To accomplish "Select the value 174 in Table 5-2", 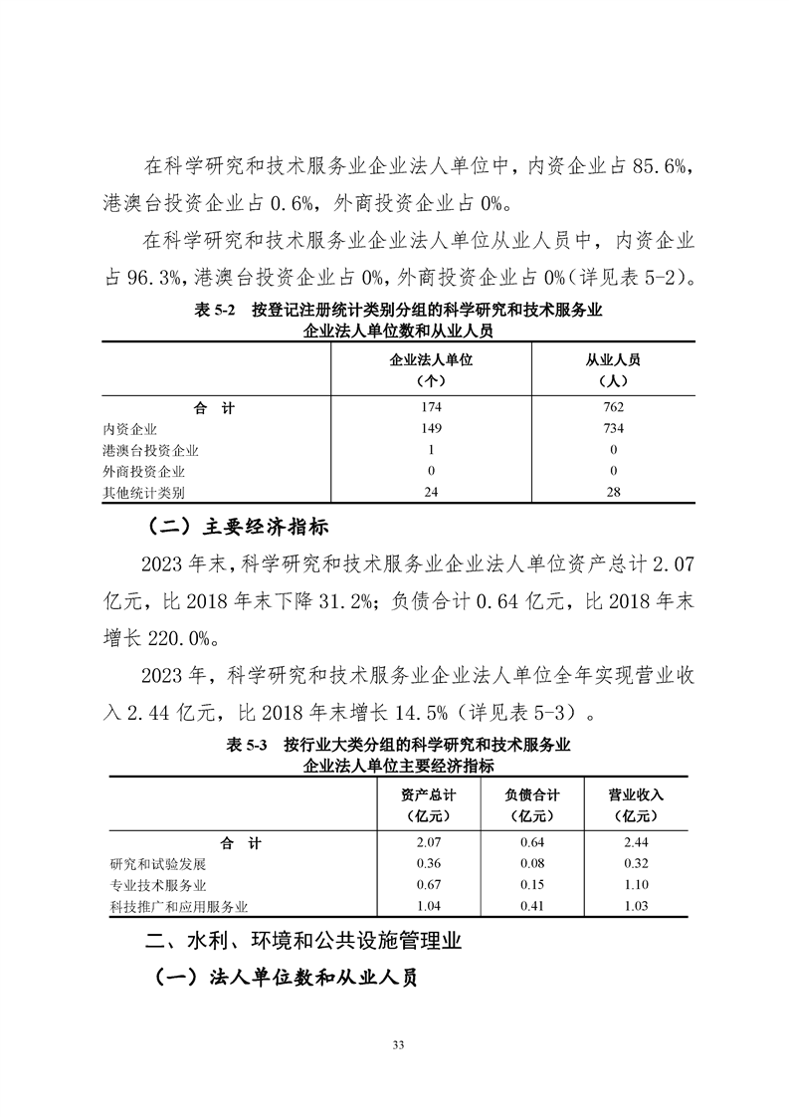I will coord(431,407).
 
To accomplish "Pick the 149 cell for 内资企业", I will coord(431,429).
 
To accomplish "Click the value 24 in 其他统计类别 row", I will coord(431,492).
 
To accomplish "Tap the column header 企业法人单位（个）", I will coord(431,368).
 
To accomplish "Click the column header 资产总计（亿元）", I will coord(429,804).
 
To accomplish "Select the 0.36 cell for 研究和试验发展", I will coord(429,863).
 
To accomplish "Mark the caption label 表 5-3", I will coord(244,745).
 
